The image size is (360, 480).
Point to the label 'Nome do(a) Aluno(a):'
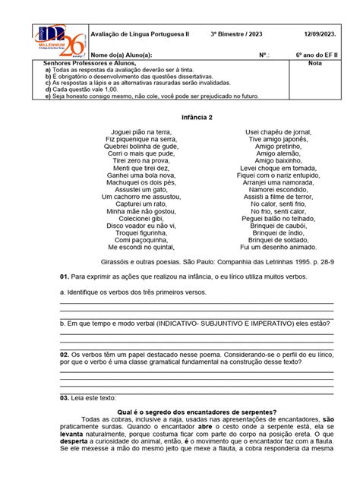122,55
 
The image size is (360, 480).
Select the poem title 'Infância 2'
179,118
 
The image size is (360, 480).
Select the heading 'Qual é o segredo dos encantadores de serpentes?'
180,410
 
